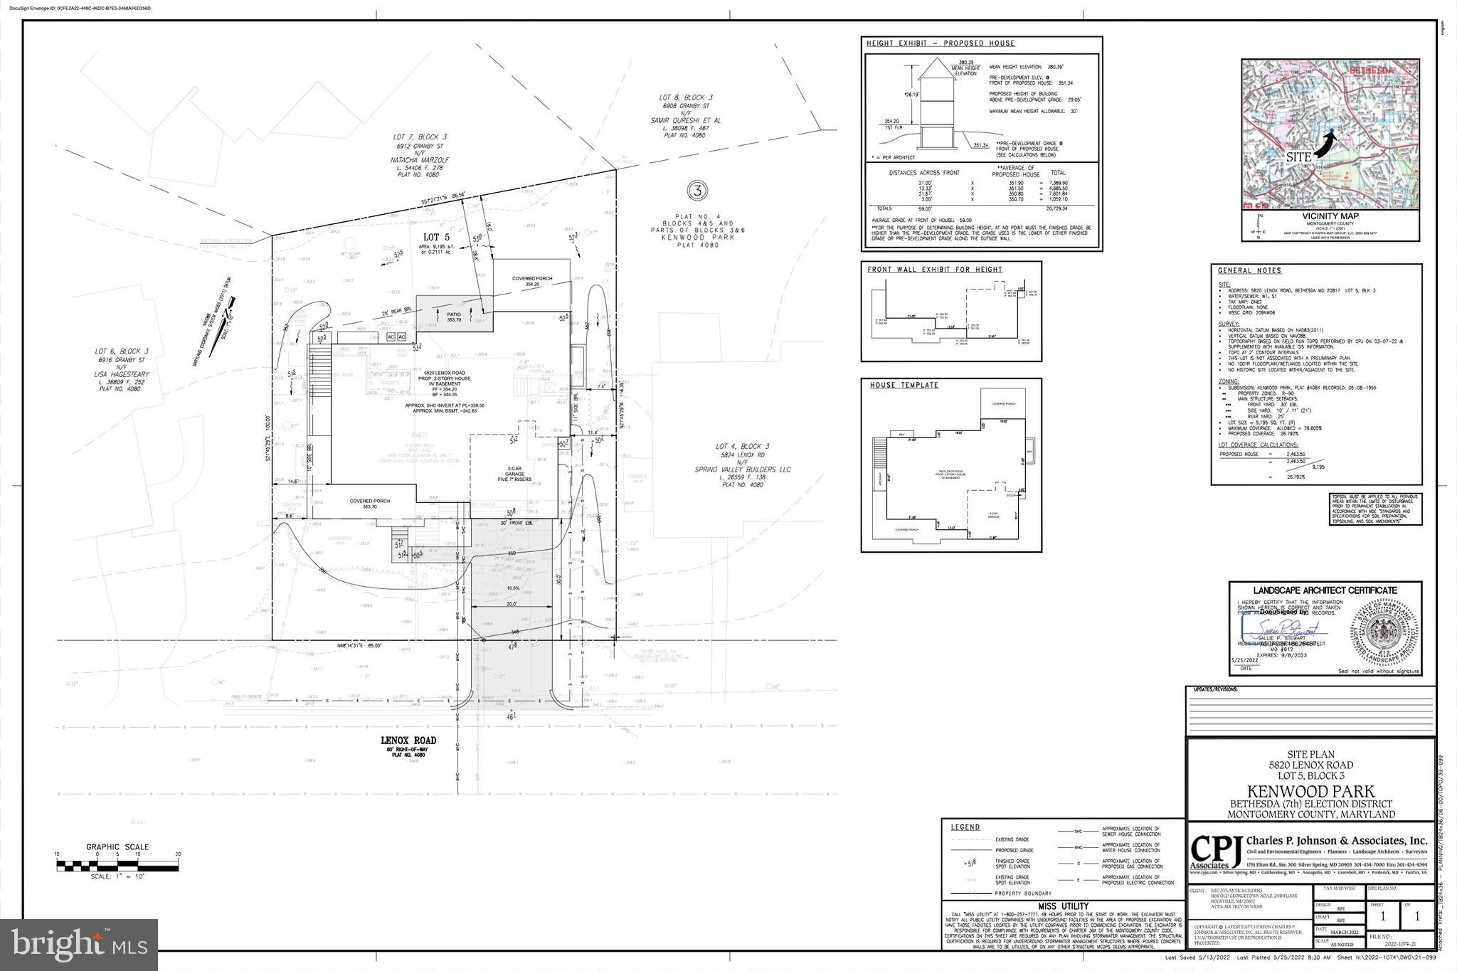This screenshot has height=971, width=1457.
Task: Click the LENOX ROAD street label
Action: tap(408, 741)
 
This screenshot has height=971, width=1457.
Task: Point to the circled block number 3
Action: tap(696, 191)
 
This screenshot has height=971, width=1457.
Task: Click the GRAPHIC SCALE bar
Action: tap(117, 865)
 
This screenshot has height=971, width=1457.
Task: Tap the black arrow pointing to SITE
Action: tap(1323, 147)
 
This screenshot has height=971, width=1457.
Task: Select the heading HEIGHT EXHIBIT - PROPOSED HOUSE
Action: tap(940, 43)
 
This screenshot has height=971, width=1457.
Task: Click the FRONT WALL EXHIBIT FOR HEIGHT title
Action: tap(934, 270)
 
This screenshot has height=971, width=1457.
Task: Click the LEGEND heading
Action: tap(965, 827)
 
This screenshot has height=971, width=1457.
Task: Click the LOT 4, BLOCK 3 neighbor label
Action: tap(742, 446)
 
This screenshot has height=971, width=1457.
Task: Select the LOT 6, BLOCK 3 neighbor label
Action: tap(122, 351)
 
